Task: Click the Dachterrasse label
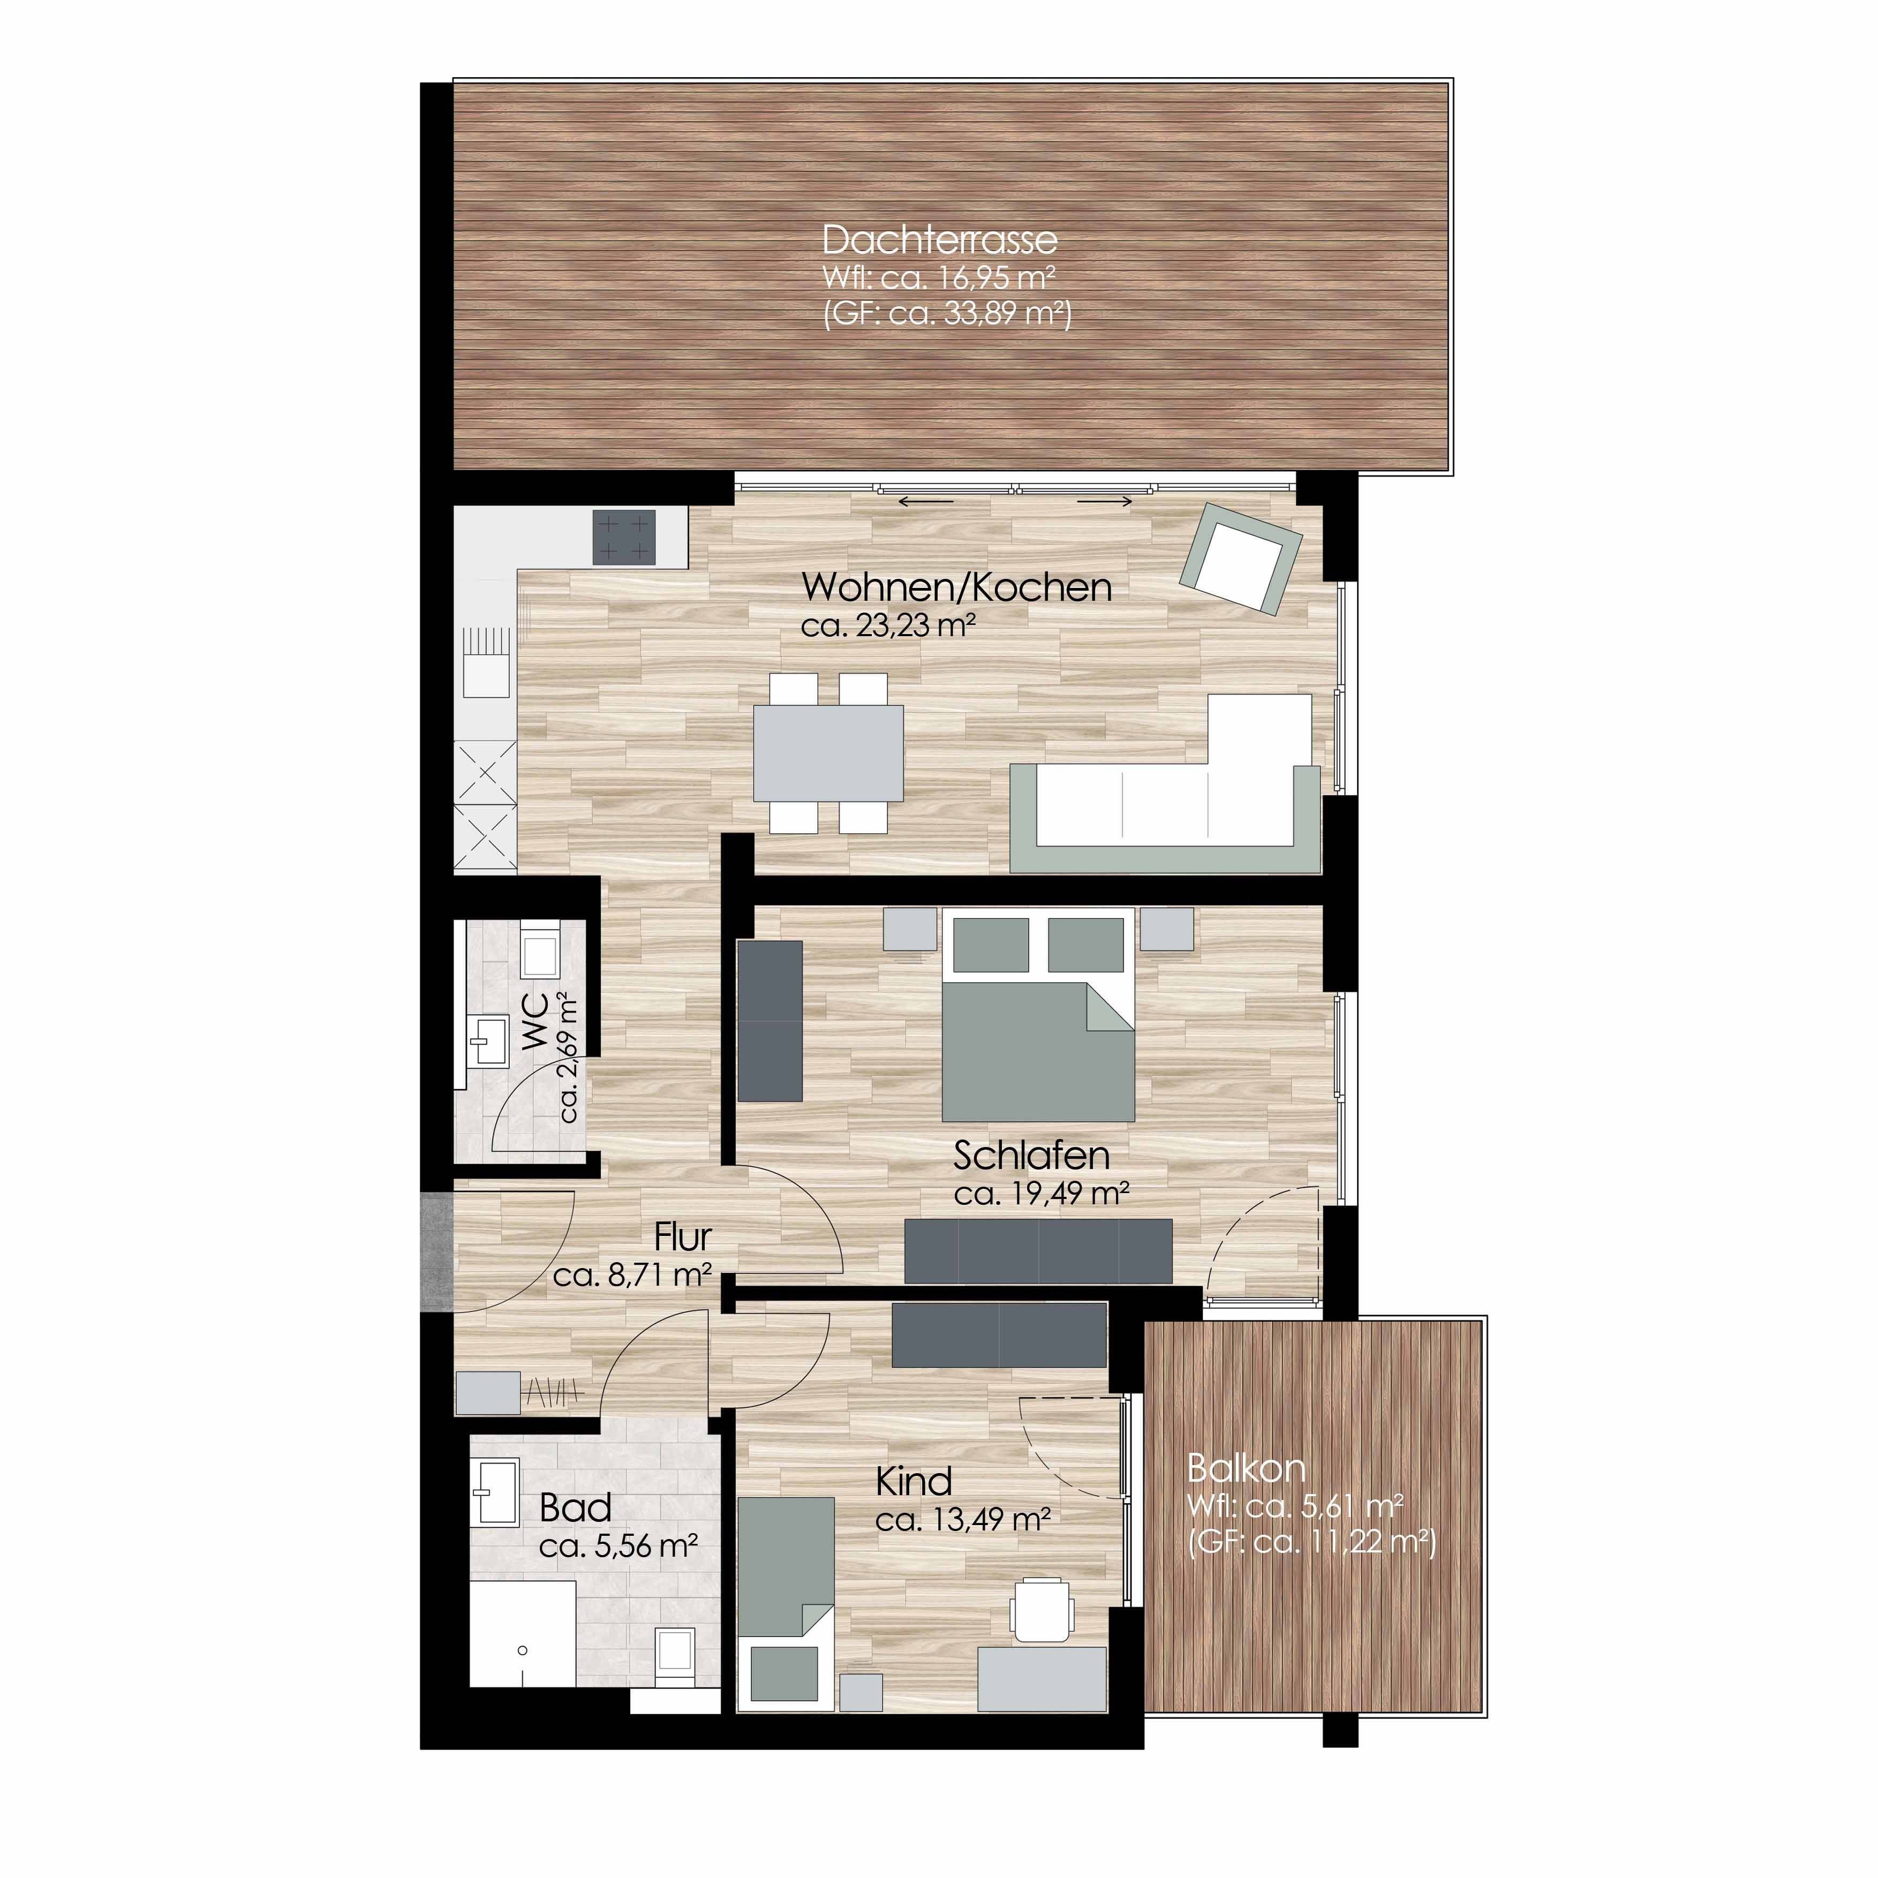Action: (x=939, y=240)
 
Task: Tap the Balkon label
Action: (x=1246, y=1468)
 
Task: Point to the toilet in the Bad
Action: (x=674, y=1655)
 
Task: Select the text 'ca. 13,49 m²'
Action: (x=962, y=1519)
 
